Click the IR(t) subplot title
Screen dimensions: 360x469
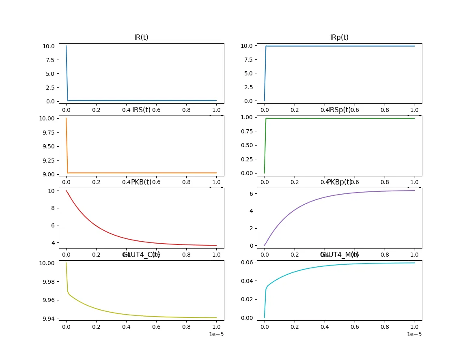click(141, 37)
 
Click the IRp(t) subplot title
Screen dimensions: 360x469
click(339, 37)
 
